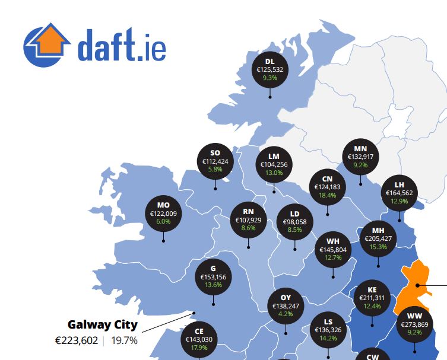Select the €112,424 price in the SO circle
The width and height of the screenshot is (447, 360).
215,161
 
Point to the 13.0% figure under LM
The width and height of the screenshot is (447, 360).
274,173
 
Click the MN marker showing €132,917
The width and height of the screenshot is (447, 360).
360,157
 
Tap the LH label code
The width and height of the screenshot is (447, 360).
399,184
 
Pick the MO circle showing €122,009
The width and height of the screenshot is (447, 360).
163,213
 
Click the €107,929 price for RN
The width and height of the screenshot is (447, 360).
249,219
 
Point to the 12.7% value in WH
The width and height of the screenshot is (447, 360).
333,257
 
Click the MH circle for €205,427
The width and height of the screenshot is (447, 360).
378,238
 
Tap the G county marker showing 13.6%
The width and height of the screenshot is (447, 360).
213,276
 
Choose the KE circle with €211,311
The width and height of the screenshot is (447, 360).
372,297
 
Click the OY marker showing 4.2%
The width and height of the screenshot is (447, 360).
286,305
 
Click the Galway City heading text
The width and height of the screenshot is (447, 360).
102,324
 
